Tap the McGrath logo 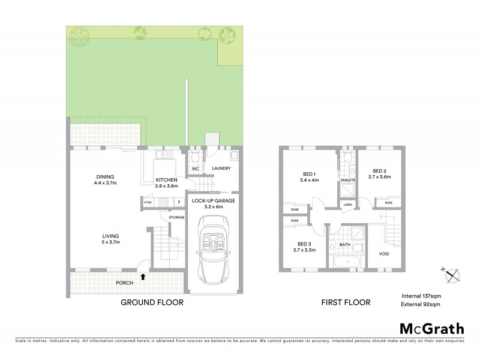pyautogui.click(x=431, y=328)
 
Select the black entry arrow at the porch pyautogui.click(x=143, y=277)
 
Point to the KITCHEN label pyautogui.click(x=166, y=180)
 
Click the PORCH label pyautogui.click(x=125, y=283)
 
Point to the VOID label pyautogui.click(x=384, y=254)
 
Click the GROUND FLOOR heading pyautogui.click(x=152, y=303)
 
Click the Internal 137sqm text pyautogui.click(x=421, y=295)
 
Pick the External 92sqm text pyautogui.click(x=421, y=305)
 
